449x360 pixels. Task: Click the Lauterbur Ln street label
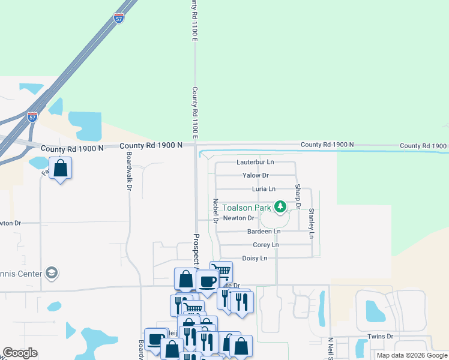pyautogui.click(x=255, y=162)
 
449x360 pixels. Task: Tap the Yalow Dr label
pyautogui.click(x=255, y=175)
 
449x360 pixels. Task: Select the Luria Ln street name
pyautogui.click(x=264, y=189)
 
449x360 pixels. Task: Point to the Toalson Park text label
pyautogui.click(x=247, y=208)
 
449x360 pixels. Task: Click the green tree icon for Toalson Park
pyautogui.click(x=280, y=207)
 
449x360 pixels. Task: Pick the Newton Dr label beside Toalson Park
pyautogui.click(x=238, y=218)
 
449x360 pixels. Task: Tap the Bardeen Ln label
pyautogui.click(x=264, y=232)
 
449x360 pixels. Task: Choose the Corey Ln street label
pyautogui.click(x=266, y=245)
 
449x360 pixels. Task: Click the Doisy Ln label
pyautogui.click(x=254, y=258)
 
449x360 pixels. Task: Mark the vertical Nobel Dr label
pyautogui.click(x=215, y=211)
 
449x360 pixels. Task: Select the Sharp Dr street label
pyautogui.click(x=297, y=197)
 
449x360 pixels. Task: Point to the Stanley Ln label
pyautogui.click(x=311, y=223)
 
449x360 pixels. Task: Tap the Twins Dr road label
pyautogui.click(x=381, y=337)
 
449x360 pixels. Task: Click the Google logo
pyautogui.click(x=20, y=353)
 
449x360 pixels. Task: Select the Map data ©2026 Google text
pyautogui.click(x=412, y=355)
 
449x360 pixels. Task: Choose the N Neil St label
pyautogui.click(x=330, y=348)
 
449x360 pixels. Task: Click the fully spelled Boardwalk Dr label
pyautogui.click(x=129, y=171)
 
